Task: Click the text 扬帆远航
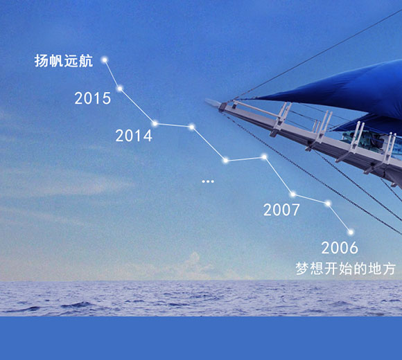(63, 61)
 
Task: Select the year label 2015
(93, 98)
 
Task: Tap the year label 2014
(134, 136)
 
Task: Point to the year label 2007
(281, 210)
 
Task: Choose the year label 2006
(340, 248)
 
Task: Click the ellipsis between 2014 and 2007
(208, 181)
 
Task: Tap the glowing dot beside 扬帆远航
(105, 60)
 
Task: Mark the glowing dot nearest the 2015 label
(120, 88)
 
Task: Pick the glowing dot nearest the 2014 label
(155, 124)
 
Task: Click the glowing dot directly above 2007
(292, 195)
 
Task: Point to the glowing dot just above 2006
(351, 232)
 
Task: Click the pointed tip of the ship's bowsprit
(207, 101)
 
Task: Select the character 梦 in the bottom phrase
(303, 268)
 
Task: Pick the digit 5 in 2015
(106, 98)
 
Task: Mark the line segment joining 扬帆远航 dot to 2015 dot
(112, 74)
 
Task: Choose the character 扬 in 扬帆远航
(42, 61)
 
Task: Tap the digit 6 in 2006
(353, 248)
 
